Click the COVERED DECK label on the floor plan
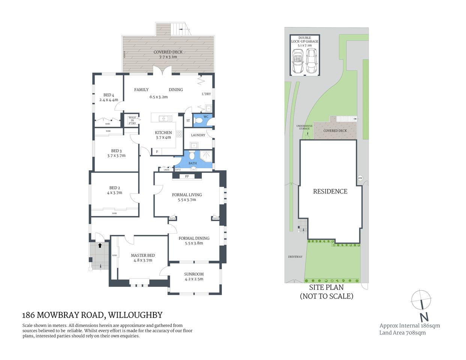point(168,52)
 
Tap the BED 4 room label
point(108,95)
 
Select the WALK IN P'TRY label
point(132,120)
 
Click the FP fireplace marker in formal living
point(187,176)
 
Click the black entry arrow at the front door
point(100,246)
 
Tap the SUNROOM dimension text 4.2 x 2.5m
point(194,279)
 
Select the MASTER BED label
point(143,255)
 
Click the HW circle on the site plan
point(360,178)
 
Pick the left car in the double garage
point(298,61)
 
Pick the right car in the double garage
point(311,61)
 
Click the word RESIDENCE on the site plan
point(330,191)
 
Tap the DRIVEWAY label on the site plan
point(295,257)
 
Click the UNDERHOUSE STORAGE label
point(304,127)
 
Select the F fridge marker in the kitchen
point(157,151)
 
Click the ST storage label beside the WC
point(188,121)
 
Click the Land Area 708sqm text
point(402,333)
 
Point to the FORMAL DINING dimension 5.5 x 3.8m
point(194,243)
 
